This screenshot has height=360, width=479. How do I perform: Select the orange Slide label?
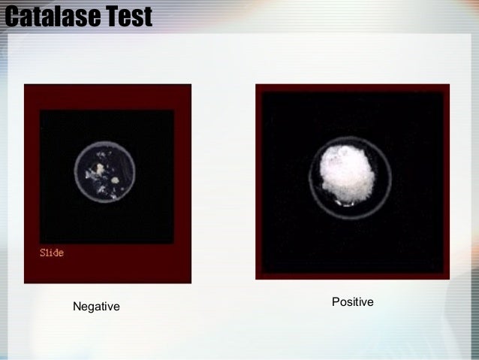51,253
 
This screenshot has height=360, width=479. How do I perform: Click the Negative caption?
95,307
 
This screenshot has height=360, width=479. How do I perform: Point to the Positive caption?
352,302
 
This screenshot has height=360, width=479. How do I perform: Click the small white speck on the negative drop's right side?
115,180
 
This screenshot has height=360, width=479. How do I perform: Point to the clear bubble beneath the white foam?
347,201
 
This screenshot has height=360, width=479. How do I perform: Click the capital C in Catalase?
12,15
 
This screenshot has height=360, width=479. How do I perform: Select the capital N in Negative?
76,307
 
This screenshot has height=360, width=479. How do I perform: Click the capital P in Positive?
335,302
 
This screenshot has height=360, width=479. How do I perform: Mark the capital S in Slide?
42,253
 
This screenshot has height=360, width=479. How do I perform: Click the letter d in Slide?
55,253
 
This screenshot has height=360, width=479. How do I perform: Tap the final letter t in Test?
146,16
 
